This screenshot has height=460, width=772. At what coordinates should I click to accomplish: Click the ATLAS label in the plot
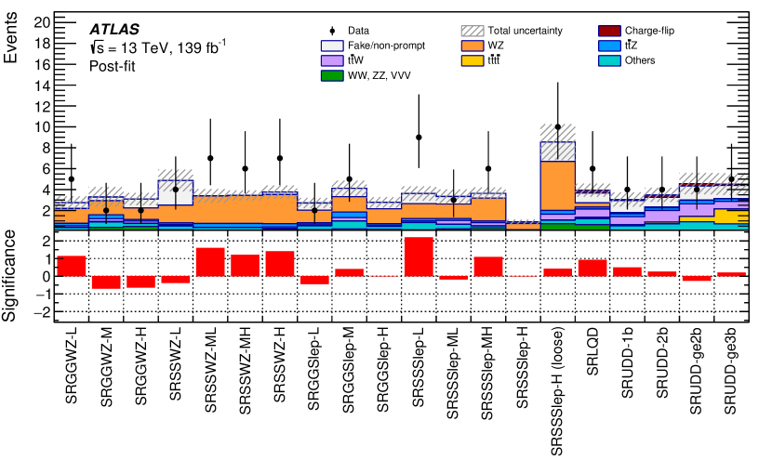coord(115,28)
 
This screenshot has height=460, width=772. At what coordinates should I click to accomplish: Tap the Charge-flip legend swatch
coord(611,30)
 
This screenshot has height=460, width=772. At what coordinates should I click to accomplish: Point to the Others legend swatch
coord(611,60)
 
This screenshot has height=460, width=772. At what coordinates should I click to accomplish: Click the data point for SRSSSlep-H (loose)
coord(558,126)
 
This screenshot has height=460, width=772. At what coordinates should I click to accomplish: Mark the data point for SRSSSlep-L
coord(419,137)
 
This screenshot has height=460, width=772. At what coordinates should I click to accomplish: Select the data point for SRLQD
coord(592,168)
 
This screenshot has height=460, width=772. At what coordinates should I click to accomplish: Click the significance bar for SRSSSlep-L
coord(419,256)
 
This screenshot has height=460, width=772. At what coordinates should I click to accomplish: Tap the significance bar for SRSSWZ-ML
coord(210,262)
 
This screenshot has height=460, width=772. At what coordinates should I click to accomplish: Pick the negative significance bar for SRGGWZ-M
coord(106,283)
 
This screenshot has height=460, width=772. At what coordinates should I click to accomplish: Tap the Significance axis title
coord(14,276)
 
